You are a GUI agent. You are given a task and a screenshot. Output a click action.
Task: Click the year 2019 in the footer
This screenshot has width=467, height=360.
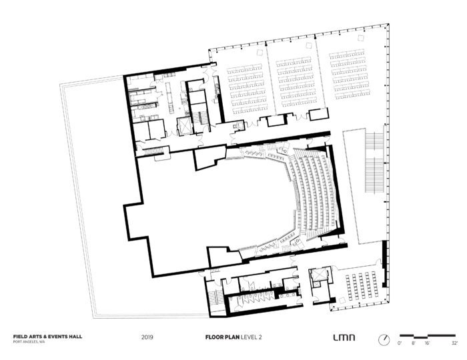(x=148, y=338)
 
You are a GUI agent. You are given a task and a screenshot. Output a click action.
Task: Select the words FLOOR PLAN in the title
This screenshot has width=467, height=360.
(x=221, y=338)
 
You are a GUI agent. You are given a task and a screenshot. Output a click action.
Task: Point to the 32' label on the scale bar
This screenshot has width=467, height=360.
(x=454, y=343)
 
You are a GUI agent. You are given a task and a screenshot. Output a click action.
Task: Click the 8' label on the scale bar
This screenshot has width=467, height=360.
(x=414, y=343)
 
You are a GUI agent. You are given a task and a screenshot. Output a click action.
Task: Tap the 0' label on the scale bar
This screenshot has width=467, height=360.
(x=400, y=343)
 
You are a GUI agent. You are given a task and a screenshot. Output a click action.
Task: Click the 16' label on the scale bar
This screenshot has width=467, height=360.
(x=428, y=343)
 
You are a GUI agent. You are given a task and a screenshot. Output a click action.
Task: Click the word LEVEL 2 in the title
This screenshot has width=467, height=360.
(x=252, y=338)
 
